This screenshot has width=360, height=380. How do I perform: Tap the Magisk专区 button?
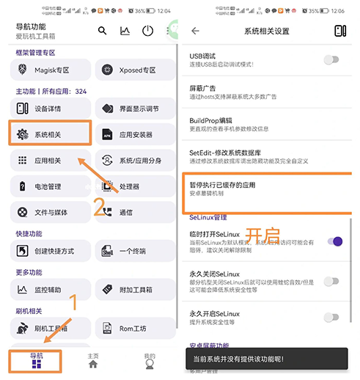point(51,70)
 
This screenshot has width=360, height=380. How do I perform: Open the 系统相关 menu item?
point(51,134)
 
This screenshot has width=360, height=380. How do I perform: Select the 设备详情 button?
point(51,109)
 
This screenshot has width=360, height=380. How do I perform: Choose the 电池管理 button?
point(51,186)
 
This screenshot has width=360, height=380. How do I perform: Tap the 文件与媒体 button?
point(51,212)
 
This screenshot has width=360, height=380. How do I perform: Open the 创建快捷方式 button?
point(51,251)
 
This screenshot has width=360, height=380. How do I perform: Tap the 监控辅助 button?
point(51,289)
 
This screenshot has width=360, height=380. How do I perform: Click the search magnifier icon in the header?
point(103,31)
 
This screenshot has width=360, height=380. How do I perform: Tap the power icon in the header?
point(147,31)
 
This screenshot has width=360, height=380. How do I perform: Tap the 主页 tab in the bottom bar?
point(93,360)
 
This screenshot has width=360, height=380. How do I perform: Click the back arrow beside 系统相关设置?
point(195,31)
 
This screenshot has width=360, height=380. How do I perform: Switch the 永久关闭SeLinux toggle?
point(332,280)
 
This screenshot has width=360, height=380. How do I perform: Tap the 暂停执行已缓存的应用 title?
point(222,185)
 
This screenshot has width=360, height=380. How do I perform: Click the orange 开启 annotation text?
point(262,234)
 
